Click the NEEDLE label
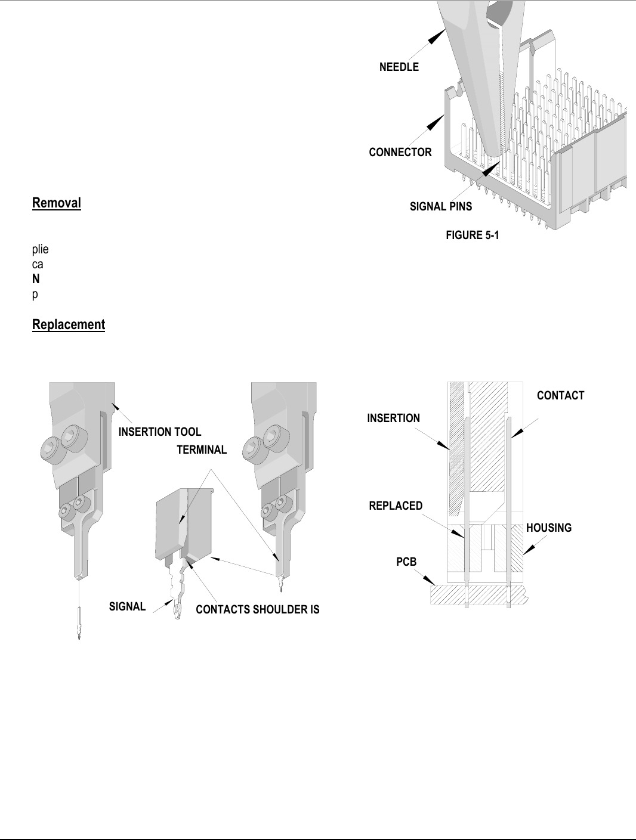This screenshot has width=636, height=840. pos(399,67)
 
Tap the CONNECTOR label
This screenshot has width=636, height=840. pos(400,152)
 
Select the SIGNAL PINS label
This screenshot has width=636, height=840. pos(441,207)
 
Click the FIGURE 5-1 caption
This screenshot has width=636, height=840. pos(473,235)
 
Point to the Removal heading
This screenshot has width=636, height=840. pos(56,203)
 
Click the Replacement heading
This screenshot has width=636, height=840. pos(69,324)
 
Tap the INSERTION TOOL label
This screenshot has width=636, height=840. pos(160,432)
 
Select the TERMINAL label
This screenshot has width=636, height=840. pos(202,450)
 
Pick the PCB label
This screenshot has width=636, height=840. pos(406,562)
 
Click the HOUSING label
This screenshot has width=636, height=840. pos(549,528)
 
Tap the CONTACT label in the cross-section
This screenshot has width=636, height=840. pos(561,395)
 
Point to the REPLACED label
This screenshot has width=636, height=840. pos(396,506)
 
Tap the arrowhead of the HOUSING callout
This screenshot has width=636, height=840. pos(529,549)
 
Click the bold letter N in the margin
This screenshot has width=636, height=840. pos(36,280)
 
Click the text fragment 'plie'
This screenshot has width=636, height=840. pos(40,250)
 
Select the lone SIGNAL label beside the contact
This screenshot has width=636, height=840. pos(127,606)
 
